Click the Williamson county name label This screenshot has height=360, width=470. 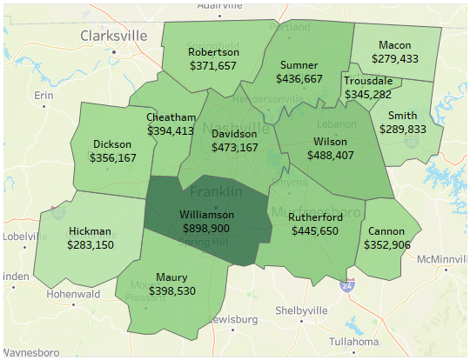point(207,214)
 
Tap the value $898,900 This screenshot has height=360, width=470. point(207,227)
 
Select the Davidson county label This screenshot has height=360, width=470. point(234,134)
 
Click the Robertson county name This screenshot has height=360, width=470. point(212,52)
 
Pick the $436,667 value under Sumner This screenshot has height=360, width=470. point(299,78)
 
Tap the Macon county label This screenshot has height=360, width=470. point(395,45)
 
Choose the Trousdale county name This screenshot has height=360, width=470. point(368,81)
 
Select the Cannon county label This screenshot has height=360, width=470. point(387,231)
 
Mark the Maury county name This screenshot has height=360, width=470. point(171,277)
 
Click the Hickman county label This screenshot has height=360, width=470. point(89,231)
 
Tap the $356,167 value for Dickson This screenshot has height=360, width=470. point(112,158)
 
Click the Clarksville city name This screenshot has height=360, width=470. point(115,37)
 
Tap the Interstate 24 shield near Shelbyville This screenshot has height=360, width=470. point(347,285)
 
